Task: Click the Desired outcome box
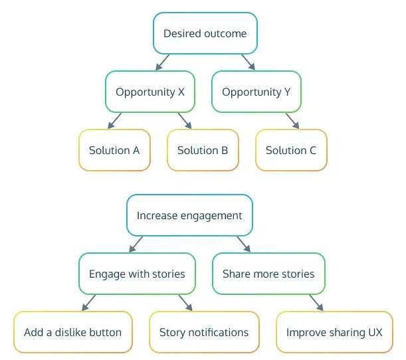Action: [x=205, y=33]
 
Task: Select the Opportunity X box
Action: [x=150, y=92]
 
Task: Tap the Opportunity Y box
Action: [x=256, y=92]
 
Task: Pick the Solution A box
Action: [x=114, y=150]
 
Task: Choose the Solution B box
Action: [x=203, y=150]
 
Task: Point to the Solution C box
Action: [x=291, y=150]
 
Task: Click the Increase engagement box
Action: [x=189, y=215]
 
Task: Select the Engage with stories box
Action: [x=137, y=274]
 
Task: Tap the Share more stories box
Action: [x=268, y=274]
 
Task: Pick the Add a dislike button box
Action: [x=72, y=332]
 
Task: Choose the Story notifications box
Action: [x=204, y=332]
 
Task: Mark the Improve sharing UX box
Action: [x=334, y=332]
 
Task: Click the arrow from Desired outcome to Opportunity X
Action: [x=162, y=62]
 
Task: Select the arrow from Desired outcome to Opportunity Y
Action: [x=248, y=62]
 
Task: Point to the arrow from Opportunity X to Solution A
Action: [x=115, y=120]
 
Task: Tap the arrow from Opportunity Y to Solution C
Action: [x=292, y=120]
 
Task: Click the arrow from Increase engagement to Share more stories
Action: [x=243, y=244]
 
